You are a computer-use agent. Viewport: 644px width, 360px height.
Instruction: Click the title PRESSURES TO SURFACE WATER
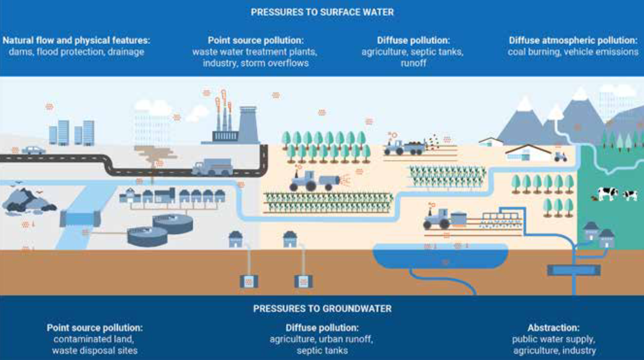point(322,12)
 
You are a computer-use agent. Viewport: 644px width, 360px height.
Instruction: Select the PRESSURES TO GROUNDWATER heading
point(322,309)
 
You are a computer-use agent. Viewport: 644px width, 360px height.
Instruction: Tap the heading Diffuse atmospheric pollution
point(573,40)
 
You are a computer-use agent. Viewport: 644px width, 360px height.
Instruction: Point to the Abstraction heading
point(554,328)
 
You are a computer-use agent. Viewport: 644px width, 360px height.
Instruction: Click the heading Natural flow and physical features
point(76,40)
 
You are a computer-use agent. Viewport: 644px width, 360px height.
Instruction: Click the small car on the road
point(34,150)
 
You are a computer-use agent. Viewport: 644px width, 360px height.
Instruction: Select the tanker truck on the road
point(212,167)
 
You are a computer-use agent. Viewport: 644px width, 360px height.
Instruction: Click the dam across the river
point(80,218)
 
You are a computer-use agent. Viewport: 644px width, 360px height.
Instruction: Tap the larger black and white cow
point(607,193)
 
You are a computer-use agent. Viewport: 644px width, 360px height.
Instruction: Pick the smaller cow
point(630,195)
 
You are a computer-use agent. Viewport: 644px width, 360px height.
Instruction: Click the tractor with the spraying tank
point(314,181)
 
